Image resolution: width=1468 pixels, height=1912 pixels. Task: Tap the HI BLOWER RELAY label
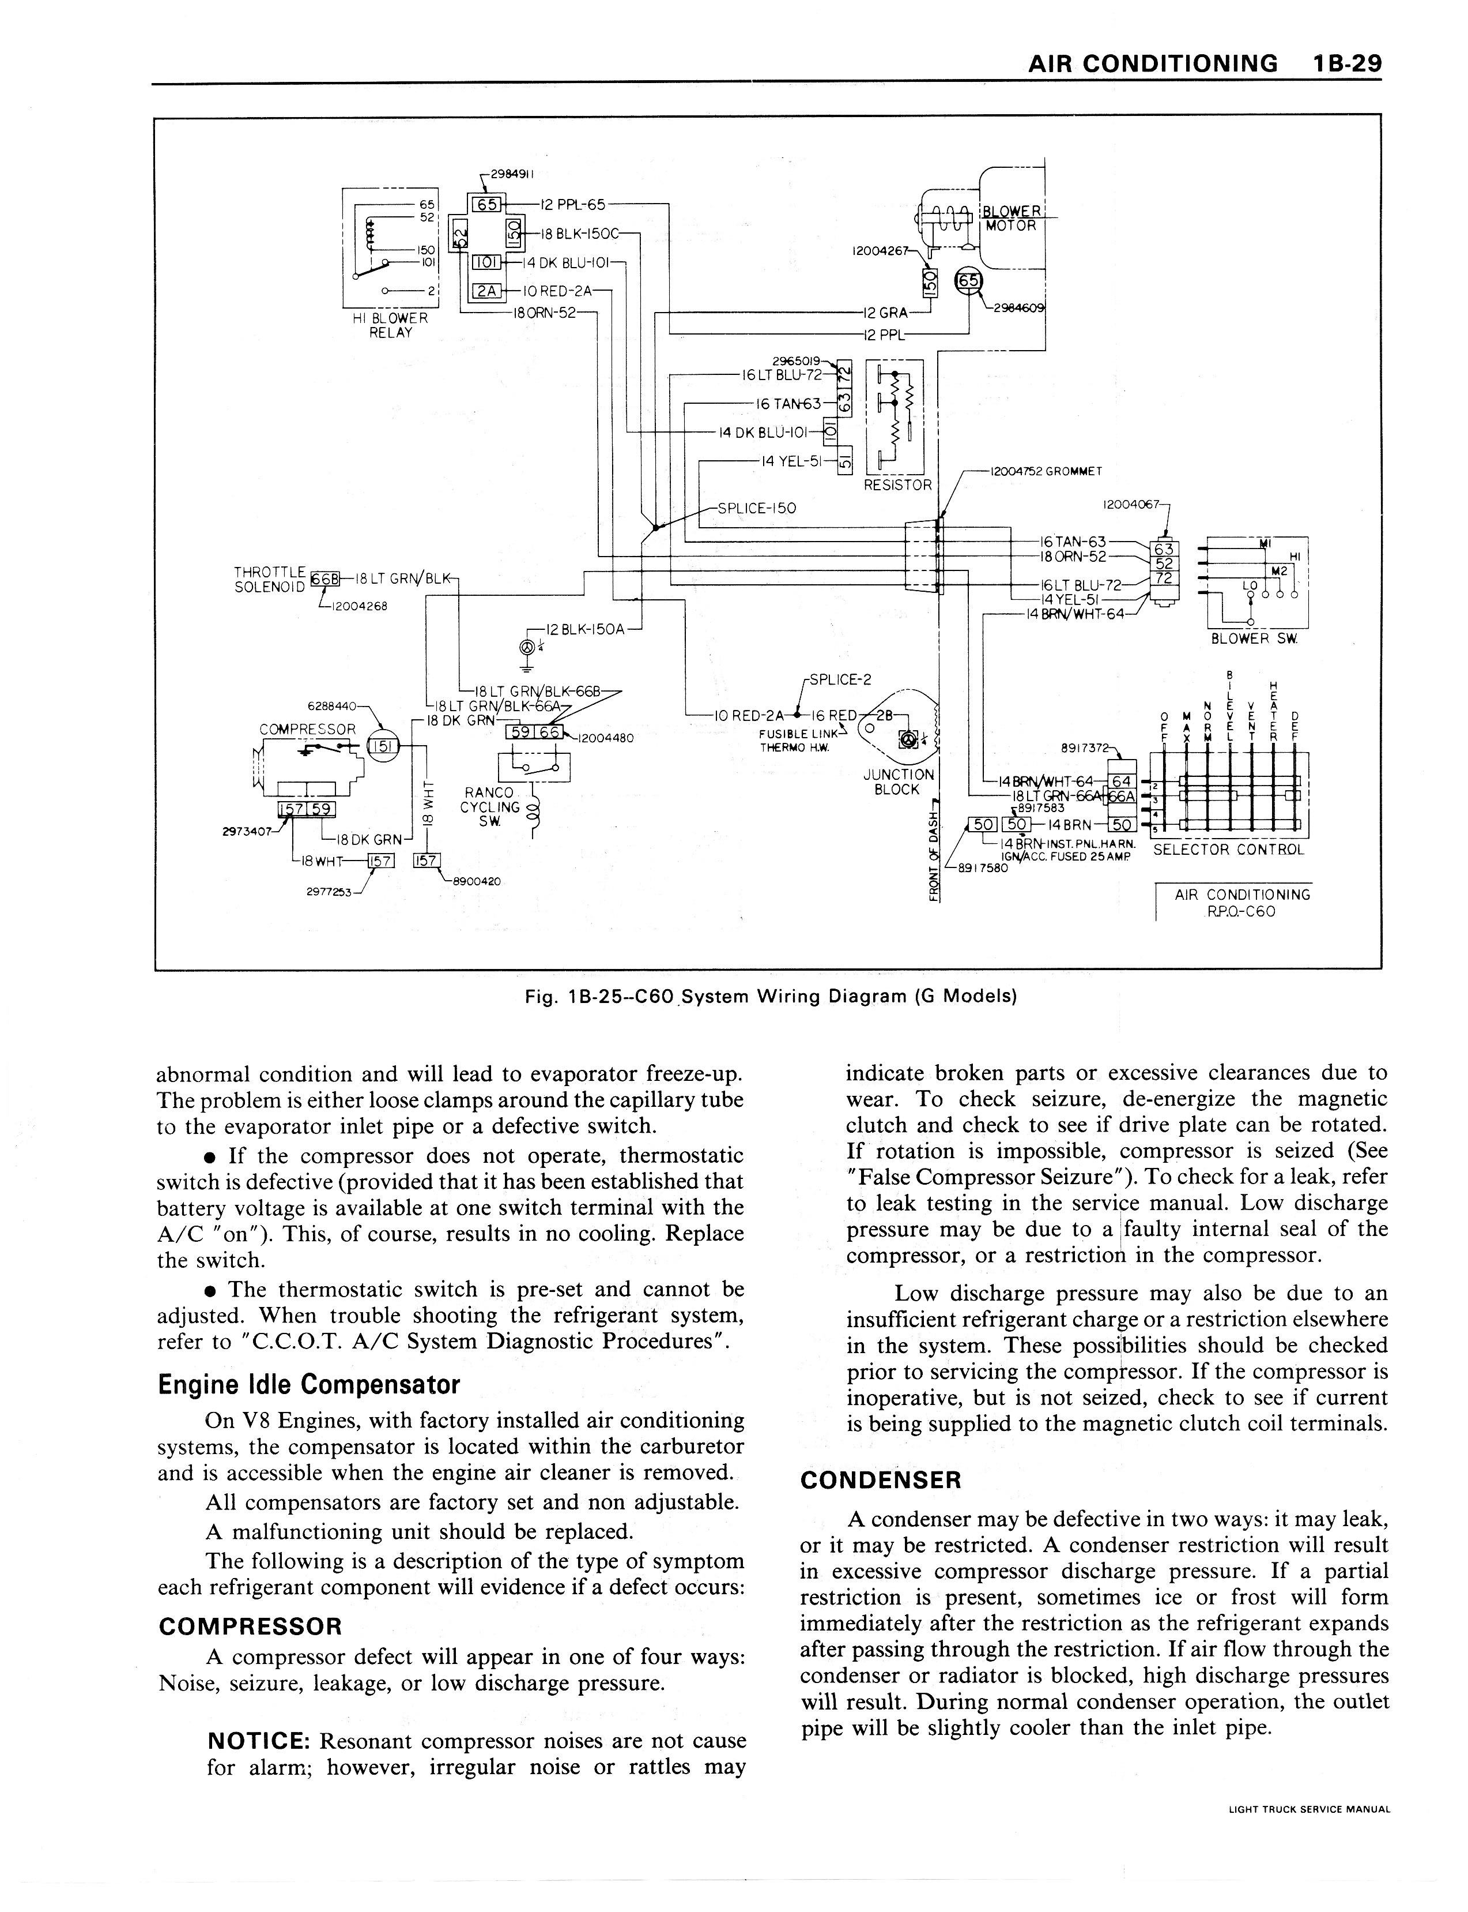point(390,325)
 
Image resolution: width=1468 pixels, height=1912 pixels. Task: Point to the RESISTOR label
point(897,484)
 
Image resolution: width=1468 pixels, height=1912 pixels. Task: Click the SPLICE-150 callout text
point(757,508)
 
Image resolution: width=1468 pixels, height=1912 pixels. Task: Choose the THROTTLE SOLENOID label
point(270,579)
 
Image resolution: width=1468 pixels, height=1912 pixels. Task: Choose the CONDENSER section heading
point(880,1480)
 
